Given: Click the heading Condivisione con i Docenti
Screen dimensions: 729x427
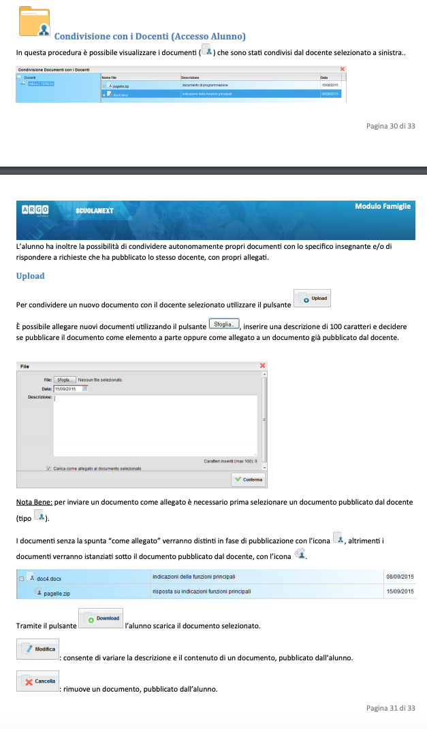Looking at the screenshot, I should click(x=150, y=36).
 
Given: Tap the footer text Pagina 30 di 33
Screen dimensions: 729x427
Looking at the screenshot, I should click(x=390, y=126).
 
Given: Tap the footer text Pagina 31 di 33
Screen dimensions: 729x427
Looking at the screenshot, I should click(x=390, y=708).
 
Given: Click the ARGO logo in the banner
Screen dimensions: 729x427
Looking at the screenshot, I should click(x=35, y=210).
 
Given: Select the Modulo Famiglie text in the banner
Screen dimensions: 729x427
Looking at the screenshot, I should click(x=383, y=206).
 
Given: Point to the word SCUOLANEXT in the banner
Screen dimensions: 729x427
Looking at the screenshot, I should click(x=94, y=211).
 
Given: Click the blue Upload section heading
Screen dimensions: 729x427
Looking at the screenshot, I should click(x=31, y=276).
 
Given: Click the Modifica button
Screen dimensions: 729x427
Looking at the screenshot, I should click(x=38, y=649).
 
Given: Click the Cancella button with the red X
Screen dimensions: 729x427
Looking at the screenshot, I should click(x=38, y=681).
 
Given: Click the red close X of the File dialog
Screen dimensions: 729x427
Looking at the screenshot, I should click(x=262, y=366).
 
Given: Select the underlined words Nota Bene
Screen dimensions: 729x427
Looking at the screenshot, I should click(x=34, y=503).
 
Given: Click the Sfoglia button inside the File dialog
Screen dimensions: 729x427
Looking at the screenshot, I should click(x=64, y=379).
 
